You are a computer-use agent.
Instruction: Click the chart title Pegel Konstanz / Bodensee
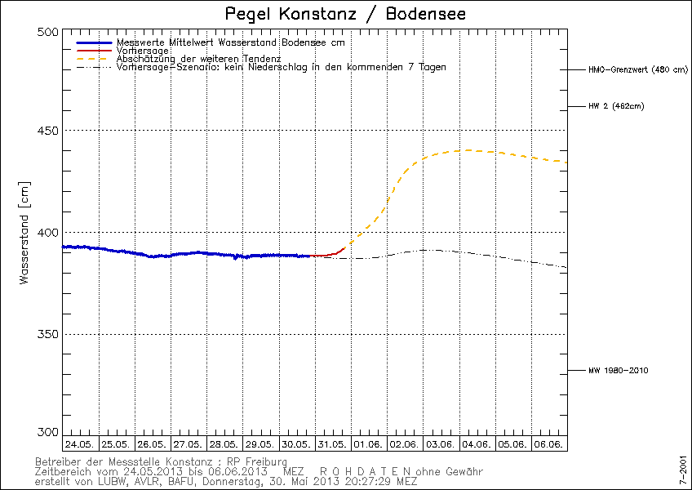click(x=345, y=15)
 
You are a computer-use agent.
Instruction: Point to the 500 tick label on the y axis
click(x=49, y=32)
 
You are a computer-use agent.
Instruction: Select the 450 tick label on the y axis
click(x=49, y=131)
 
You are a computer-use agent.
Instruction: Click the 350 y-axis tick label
click(x=49, y=334)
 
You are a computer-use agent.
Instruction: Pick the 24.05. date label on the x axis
click(x=81, y=444)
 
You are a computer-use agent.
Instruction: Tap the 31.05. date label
click(x=333, y=444)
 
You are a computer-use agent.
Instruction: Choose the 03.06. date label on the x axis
click(x=441, y=444)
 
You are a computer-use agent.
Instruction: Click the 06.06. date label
click(x=549, y=444)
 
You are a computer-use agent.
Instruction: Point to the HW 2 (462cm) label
click(x=616, y=106)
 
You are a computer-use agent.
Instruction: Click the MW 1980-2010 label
click(x=618, y=371)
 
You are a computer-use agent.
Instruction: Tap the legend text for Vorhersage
click(x=143, y=51)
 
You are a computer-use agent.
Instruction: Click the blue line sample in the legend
click(x=93, y=42)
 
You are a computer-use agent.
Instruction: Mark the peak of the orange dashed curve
click(x=464, y=150)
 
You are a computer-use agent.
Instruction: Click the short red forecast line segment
click(x=328, y=254)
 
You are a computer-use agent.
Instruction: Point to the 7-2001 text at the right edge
click(x=683, y=471)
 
